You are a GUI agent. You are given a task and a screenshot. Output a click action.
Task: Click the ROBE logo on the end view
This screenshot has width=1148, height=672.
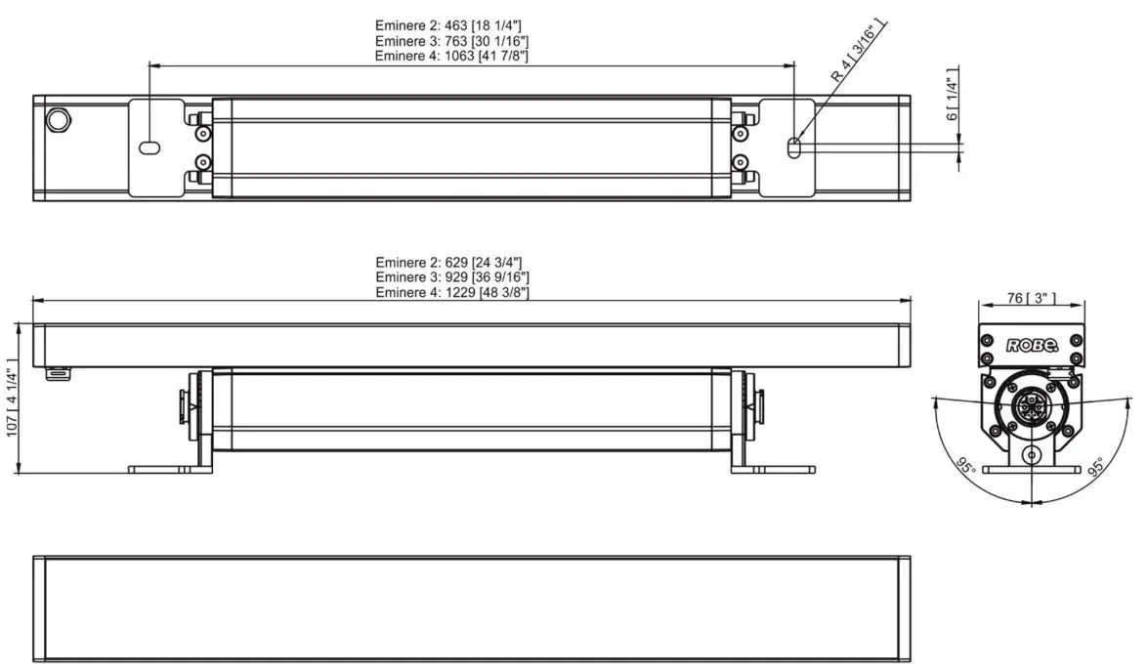(1032, 344)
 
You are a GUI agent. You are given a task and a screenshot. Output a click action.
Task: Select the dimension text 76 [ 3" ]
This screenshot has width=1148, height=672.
(1031, 298)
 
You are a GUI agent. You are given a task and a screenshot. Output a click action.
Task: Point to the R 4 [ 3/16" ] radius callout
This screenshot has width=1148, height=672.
(854, 63)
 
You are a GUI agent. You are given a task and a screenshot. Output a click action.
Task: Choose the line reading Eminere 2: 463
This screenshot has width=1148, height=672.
(452, 25)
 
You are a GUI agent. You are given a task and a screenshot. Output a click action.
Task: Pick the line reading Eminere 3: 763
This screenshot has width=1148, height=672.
(452, 41)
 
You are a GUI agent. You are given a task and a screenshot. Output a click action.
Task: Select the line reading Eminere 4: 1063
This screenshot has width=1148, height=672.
(452, 57)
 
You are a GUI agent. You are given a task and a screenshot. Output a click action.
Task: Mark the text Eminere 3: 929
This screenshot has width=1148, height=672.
(452, 277)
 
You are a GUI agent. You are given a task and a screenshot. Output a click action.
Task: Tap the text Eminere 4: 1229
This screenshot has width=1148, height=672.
(452, 292)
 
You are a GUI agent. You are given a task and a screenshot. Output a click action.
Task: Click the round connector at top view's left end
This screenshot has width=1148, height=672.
(60, 120)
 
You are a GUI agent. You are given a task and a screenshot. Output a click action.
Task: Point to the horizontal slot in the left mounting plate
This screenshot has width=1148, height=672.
(149, 148)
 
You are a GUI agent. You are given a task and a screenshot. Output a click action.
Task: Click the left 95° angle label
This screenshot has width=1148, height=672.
(966, 467)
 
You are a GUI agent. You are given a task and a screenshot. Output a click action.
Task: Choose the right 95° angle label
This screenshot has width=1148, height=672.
(1096, 467)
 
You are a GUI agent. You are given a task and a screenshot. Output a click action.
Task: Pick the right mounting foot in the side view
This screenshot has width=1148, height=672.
(773, 469)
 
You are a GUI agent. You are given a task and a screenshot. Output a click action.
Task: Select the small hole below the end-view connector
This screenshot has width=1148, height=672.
(1031, 455)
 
